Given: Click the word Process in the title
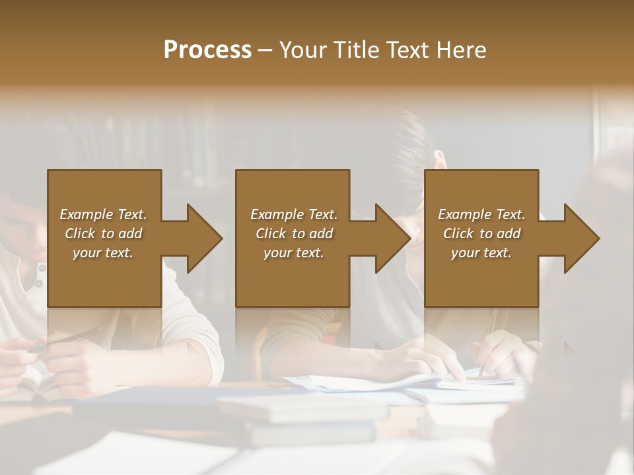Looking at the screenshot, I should (207, 49).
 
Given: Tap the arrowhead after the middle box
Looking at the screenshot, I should (392, 238).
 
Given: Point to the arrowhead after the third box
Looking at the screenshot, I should (581, 238).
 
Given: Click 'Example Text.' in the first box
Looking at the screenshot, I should (103, 214).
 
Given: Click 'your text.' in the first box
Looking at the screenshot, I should (103, 253).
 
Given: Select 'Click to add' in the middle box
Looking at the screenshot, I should (294, 234).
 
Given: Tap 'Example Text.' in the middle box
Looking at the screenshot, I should (294, 214).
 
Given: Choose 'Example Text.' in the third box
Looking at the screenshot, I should (481, 214).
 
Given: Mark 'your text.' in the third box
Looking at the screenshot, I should (481, 253).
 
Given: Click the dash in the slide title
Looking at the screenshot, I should (265, 50).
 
